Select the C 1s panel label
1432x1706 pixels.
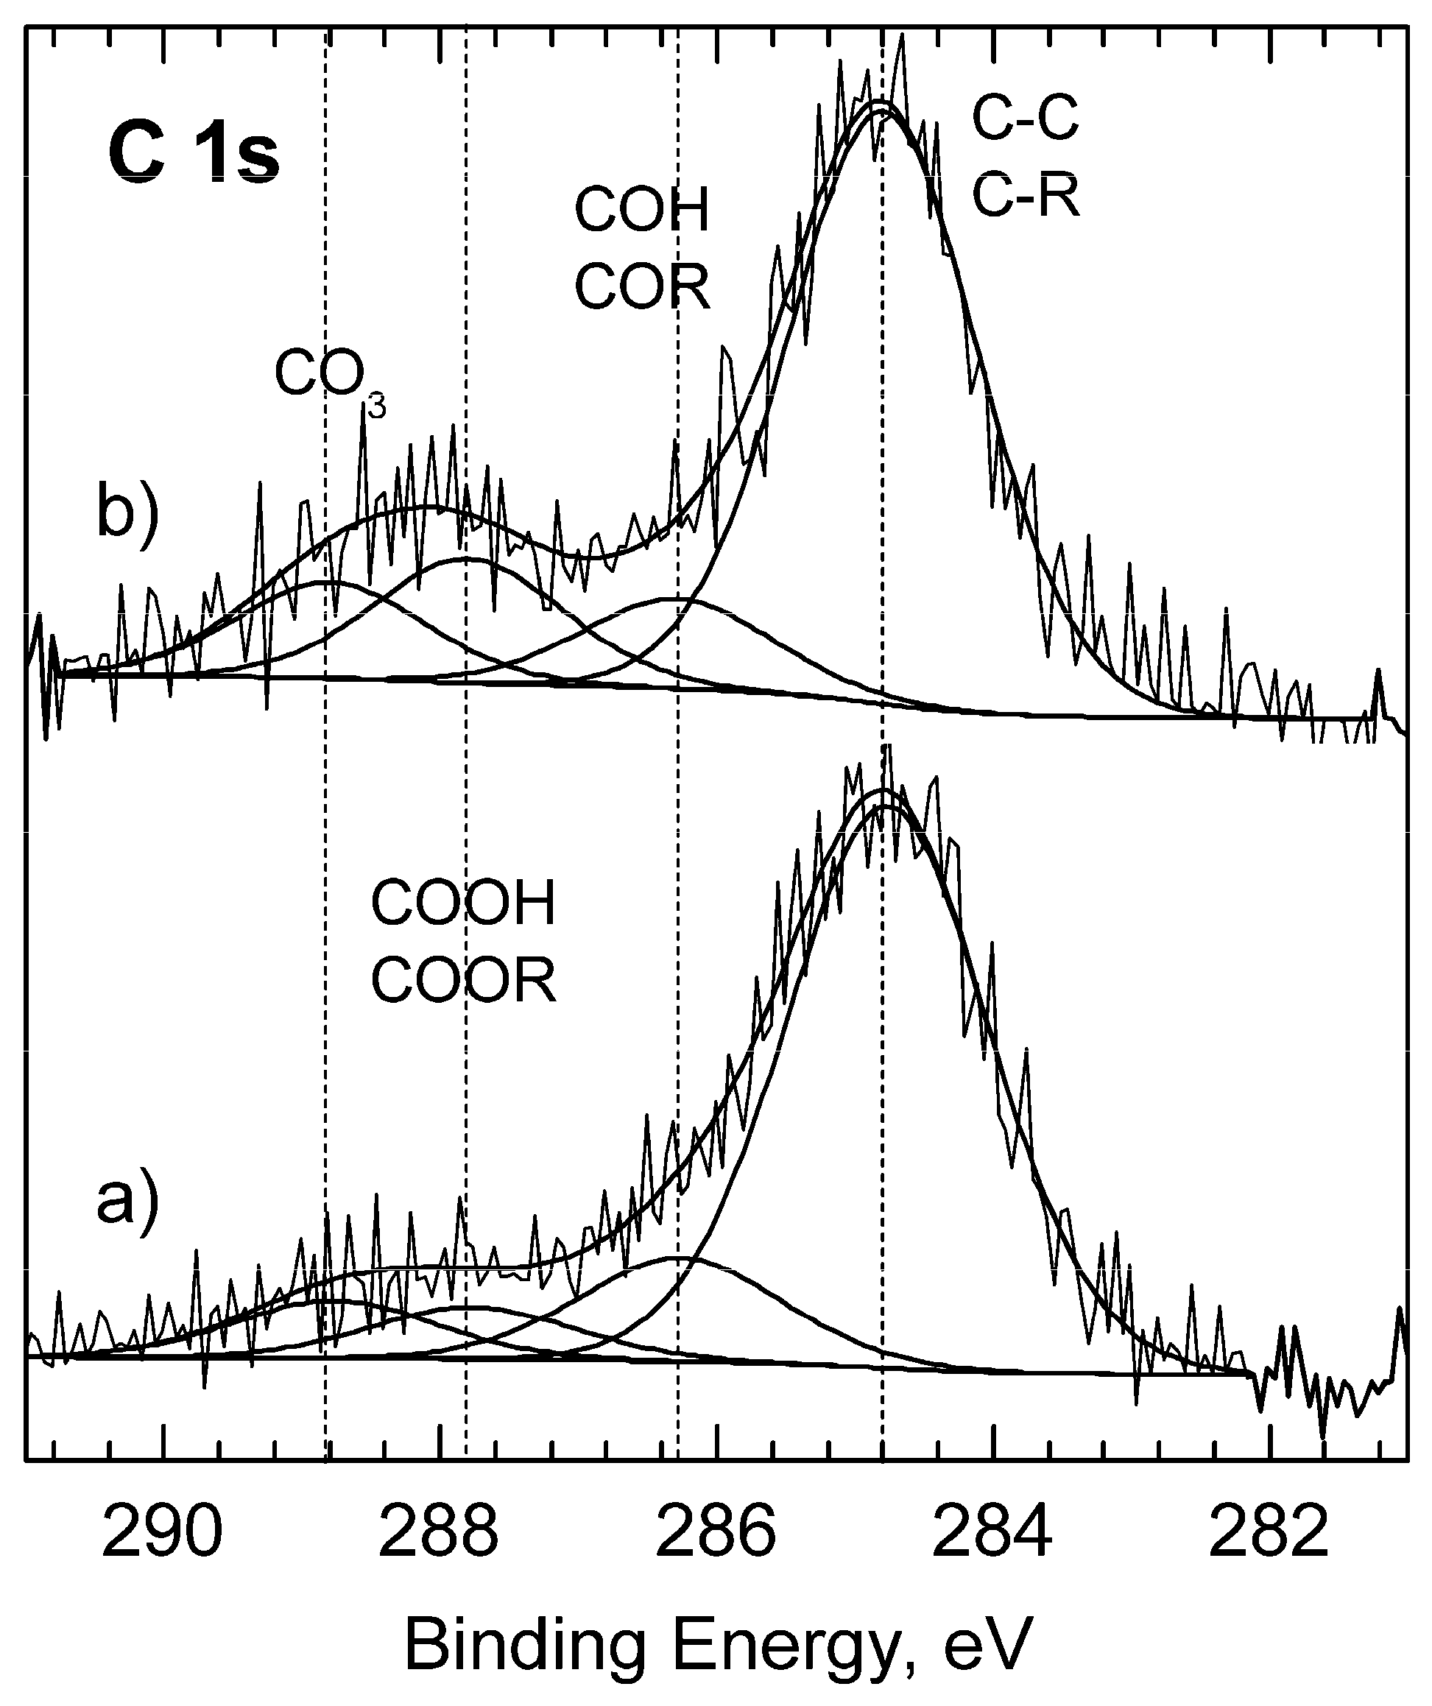pyautogui.click(x=194, y=155)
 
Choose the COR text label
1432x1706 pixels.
pyautogui.click(x=642, y=286)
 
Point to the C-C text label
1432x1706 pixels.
pyautogui.click(x=1025, y=118)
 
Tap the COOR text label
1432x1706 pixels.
pyautogui.click(x=463, y=981)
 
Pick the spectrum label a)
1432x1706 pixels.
pyautogui.click(x=126, y=1201)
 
